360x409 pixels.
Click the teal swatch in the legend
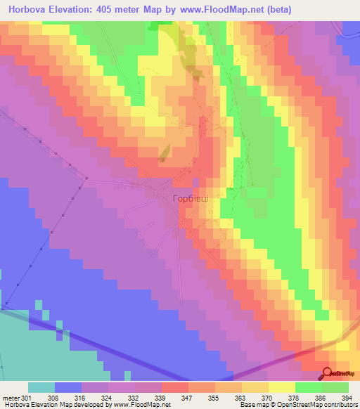tap(41, 387)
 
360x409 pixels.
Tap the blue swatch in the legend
tap(67, 387)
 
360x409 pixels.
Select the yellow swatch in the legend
tap(281, 387)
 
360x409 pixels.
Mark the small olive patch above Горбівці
tap(164, 152)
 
